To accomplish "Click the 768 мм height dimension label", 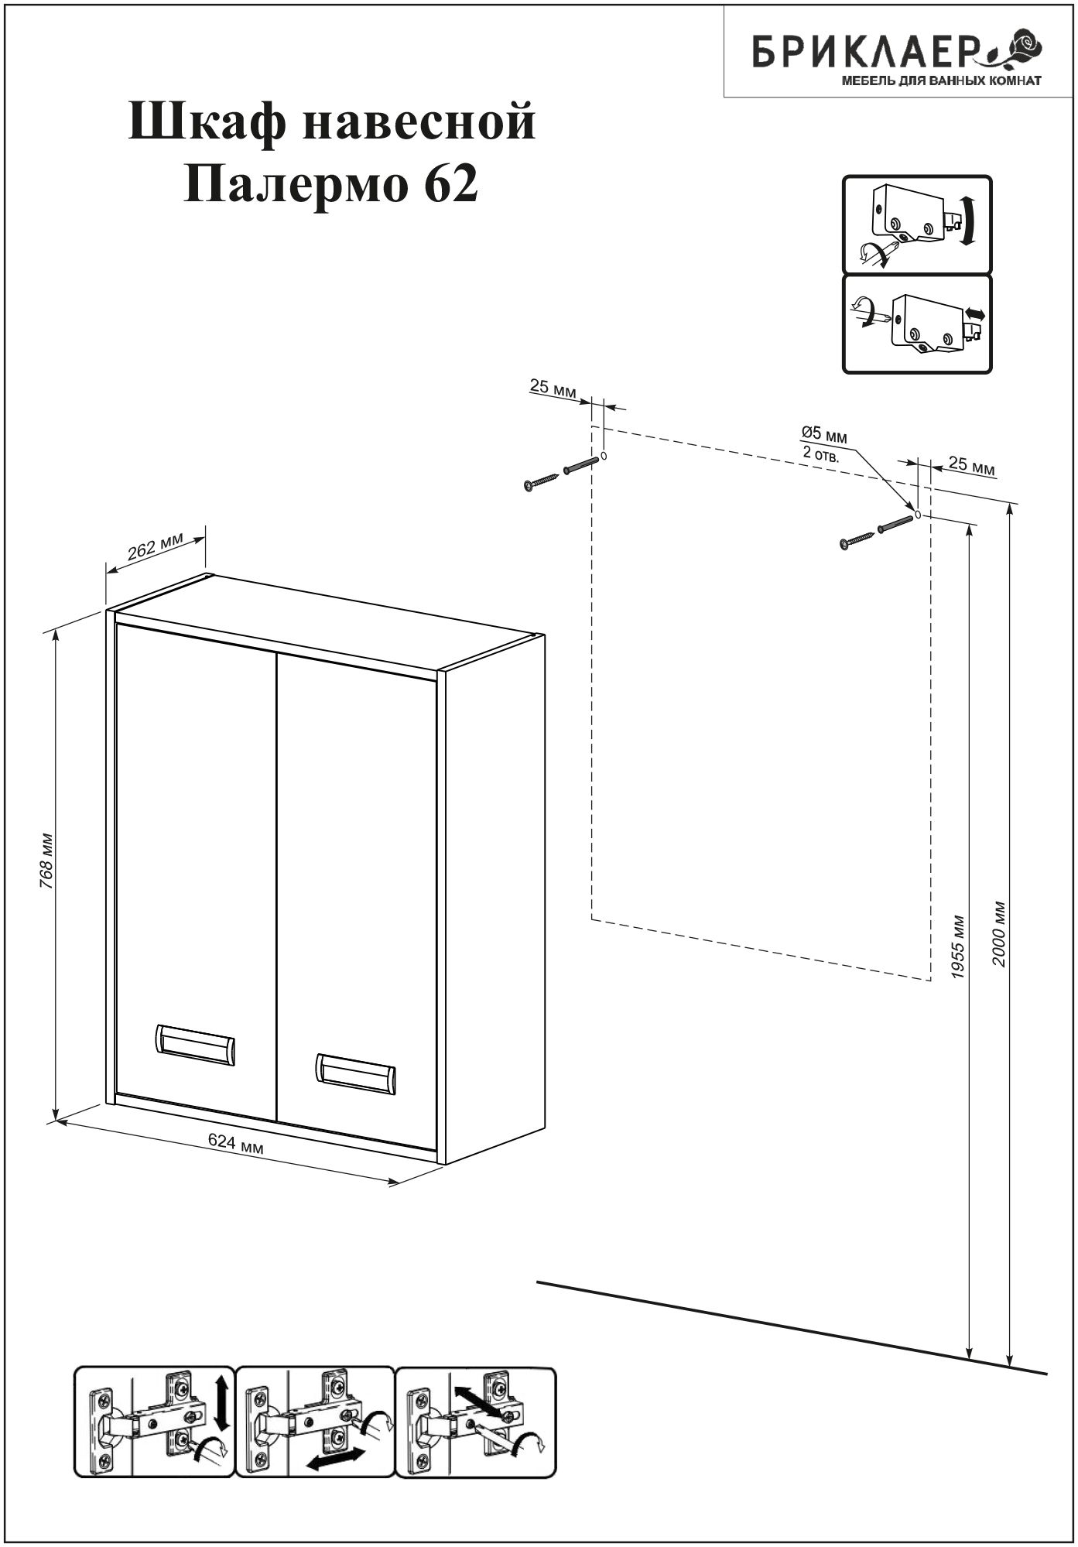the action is (47, 861).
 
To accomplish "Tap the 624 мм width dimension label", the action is (237, 1143).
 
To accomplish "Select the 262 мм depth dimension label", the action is (155, 547).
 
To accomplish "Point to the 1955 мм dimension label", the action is (959, 949).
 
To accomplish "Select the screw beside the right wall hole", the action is (857, 539).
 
